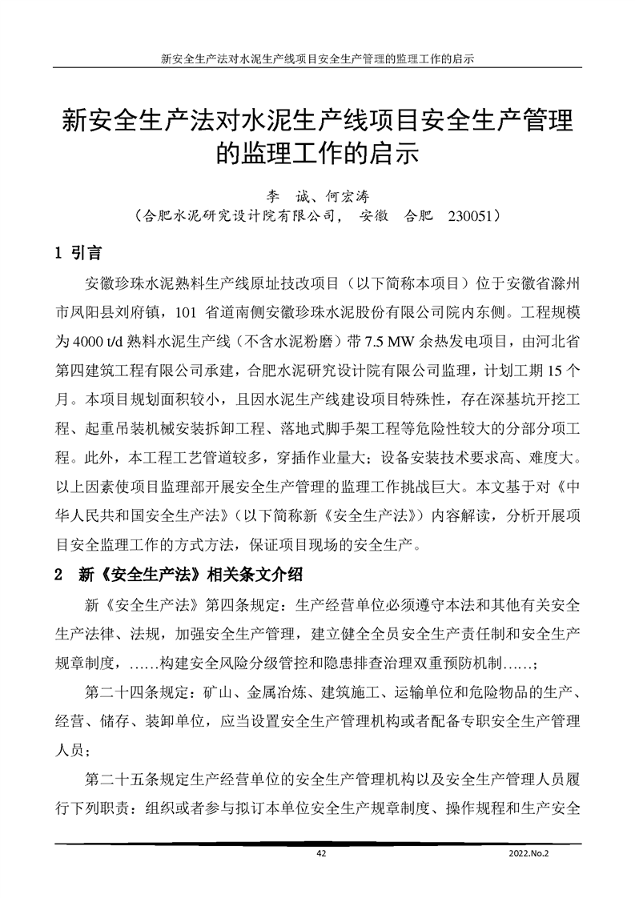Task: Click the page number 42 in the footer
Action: coord(321,854)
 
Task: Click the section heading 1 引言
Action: coord(78,254)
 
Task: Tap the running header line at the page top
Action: coord(317,59)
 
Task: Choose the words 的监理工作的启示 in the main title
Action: coord(317,153)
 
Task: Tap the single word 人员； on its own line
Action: coord(78,750)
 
